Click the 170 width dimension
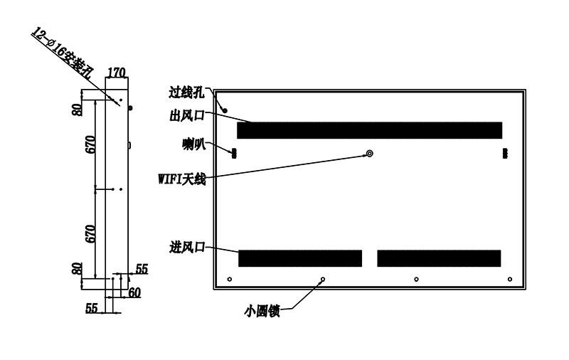117,73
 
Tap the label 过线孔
186,92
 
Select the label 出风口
187,116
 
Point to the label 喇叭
193,144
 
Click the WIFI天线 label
182,179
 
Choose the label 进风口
187,248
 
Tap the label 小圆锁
262,312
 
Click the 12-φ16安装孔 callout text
62,53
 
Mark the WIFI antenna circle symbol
369,154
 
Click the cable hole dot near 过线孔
225,110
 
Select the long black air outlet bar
369,130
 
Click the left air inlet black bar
300,258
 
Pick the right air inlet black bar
439,258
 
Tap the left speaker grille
234,153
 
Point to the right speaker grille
505,153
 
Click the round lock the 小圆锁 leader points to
323,279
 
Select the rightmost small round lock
510,279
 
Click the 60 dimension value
134,292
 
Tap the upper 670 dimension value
90,144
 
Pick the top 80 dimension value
78,110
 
